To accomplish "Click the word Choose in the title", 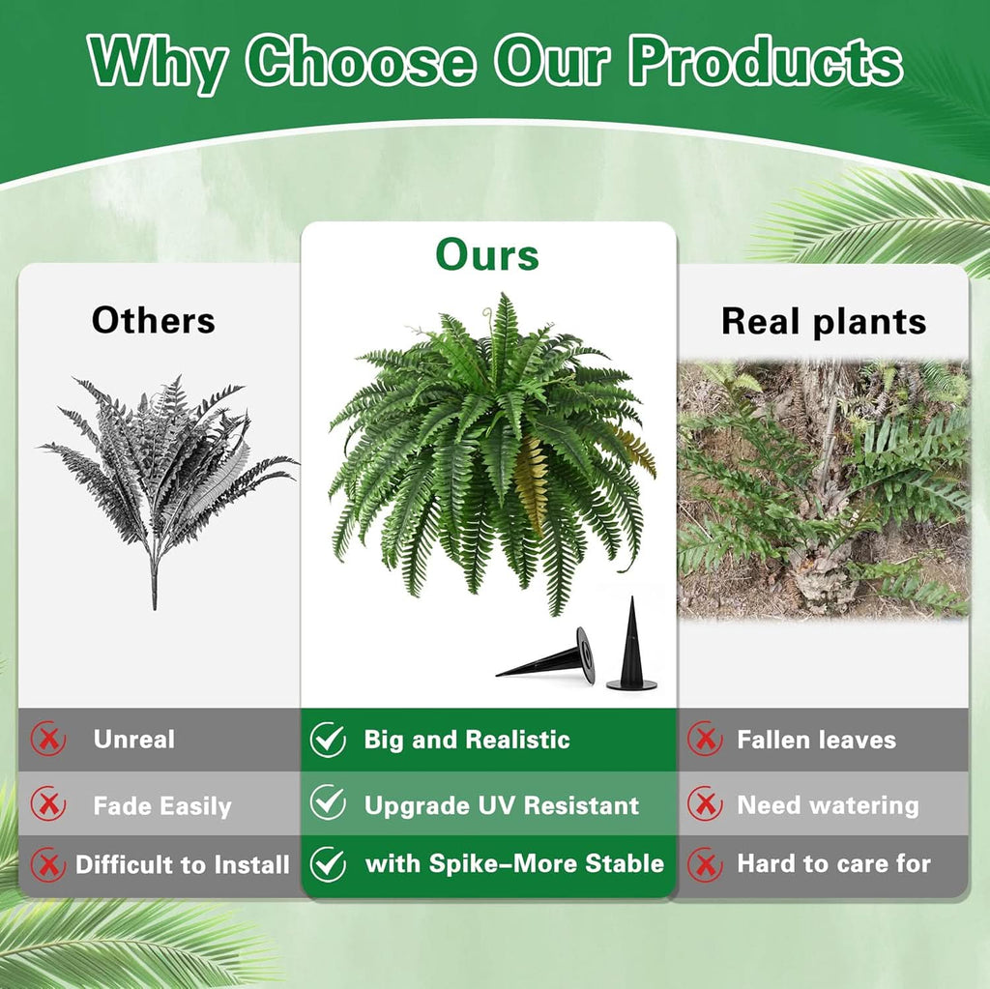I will [x=360, y=63].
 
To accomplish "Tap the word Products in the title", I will [x=766, y=63].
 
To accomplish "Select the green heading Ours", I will [x=487, y=255].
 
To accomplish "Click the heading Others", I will [x=154, y=320].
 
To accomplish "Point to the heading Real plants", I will [x=824, y=321].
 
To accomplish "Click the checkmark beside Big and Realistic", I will [x=328, y=741].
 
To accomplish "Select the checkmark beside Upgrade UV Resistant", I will [x=328, y=803].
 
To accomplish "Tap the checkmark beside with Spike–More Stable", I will [x=328, y=864].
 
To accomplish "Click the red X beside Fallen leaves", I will [x=705, y=741].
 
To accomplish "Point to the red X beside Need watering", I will [x=705, y=804].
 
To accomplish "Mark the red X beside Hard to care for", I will [x=705, y=864].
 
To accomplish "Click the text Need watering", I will [x=828, y=805].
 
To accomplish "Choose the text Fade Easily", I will [x=162, y=806].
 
